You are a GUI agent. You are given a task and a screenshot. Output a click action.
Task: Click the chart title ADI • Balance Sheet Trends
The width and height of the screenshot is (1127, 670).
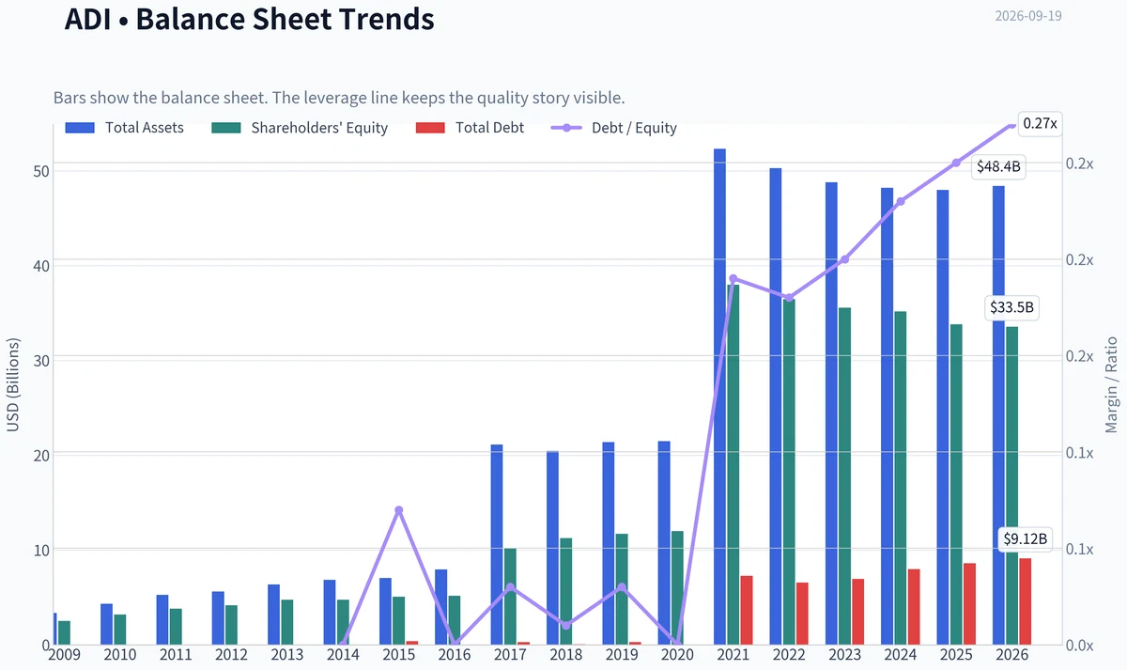tap(249, 19)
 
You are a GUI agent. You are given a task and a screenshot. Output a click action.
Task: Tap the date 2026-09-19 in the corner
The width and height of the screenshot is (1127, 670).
tap(1027, 16)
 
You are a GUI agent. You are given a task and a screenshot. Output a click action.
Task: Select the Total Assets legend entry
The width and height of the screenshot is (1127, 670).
tap(124, 128)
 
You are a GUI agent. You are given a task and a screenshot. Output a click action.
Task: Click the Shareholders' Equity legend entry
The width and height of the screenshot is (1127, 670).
tap(300, 128)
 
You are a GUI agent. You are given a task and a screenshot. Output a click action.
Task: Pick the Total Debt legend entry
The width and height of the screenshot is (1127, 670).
tap(470, 128)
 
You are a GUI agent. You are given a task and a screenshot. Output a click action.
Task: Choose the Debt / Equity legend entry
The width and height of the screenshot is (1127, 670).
tap(614, 128)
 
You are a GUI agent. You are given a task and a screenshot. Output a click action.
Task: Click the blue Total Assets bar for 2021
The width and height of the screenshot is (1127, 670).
tap(719, 397)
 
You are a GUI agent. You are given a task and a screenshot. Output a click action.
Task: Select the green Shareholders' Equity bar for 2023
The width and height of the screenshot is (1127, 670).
tap(844, 476)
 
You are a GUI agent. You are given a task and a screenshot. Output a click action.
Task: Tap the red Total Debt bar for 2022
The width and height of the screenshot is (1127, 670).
tap(802, 614)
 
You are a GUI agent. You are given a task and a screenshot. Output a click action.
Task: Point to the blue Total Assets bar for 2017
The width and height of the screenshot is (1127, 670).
tap(497, 545)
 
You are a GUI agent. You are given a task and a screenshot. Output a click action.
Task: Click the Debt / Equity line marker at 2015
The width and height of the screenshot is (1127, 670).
tap(399, 510)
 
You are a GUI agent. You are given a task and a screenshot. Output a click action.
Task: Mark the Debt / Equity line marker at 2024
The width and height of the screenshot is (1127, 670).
tap(901, 201)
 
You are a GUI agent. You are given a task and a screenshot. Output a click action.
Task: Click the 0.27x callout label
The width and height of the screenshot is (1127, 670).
tap(1040, 124)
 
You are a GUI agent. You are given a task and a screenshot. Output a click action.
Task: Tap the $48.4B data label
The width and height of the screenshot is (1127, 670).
tap(998, 166)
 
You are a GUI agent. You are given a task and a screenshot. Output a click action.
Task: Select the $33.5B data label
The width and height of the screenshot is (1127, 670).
tap(1011, 307)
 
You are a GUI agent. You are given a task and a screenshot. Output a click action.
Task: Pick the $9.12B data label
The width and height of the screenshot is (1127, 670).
tap(1026, 539)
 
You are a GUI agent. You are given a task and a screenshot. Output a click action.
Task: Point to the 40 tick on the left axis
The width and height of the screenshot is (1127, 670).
tap(41, 266)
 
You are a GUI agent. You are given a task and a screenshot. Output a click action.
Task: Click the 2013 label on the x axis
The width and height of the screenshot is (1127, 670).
tap(287, 655)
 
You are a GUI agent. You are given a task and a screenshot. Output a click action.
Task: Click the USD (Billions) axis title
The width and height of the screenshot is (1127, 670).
tap(12, 385)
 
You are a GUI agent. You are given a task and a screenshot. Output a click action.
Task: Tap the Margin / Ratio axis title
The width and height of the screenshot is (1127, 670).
tap(1111, 385)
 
